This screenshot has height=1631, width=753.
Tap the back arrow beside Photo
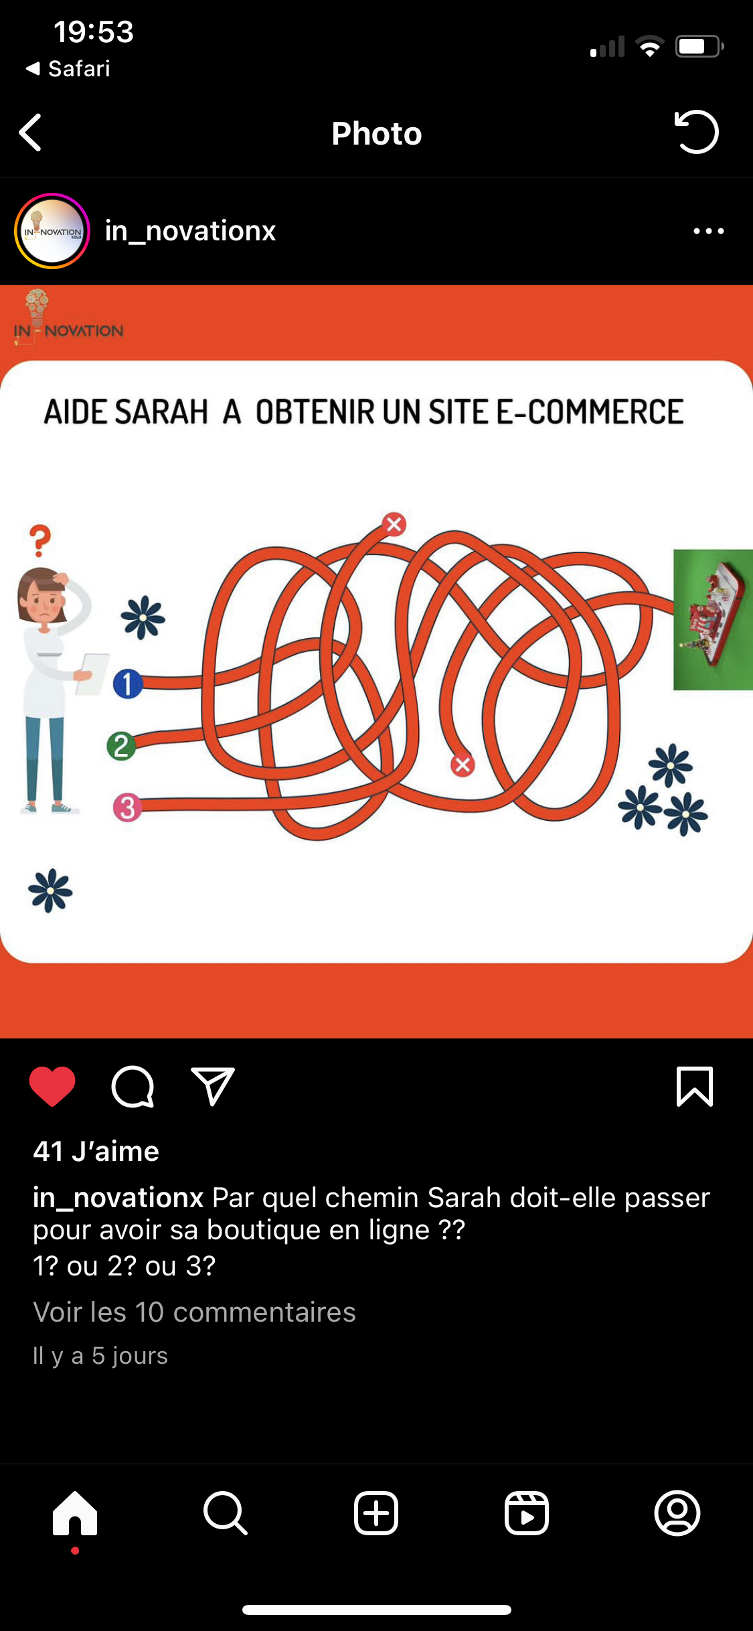click(31, 133)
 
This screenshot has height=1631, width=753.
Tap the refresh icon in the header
click(696, 132)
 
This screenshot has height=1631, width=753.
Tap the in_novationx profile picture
click(52, 231)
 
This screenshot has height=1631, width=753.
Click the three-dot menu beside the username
click(709, 231)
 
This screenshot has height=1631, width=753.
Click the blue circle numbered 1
click(127, 684)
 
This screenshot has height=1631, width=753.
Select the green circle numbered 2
click(121, 745)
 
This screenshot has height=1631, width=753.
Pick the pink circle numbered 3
click(127, 807)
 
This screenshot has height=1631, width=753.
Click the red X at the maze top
click(394, 524)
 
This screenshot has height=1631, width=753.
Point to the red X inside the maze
click(462, 765)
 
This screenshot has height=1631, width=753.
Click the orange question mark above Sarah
click(40, 540)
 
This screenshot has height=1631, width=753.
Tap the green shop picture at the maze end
click(713, 619)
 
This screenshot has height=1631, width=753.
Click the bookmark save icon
click(695, 1086)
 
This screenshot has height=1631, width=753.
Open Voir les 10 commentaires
click(194, 1312)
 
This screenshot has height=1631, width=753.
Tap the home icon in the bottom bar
click(75, 1513)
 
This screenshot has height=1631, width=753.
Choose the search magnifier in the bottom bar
click(226, 1513)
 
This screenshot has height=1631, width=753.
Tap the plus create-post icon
click(376, 1513)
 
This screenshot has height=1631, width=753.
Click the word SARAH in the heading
click(161, 412)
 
